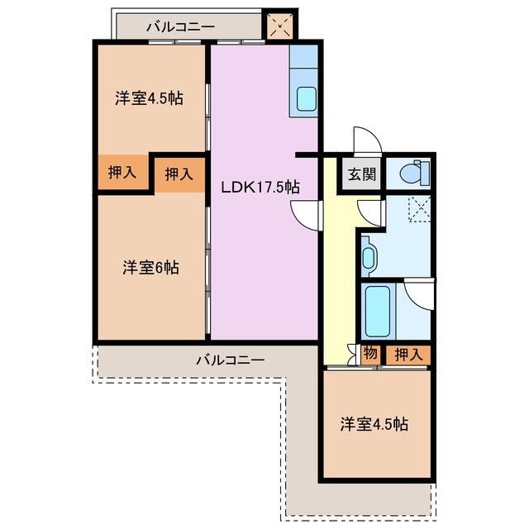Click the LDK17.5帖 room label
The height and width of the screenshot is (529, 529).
pos(260,186)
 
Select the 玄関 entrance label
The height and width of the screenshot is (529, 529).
pos(361,174)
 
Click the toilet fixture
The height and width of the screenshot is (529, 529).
pos(411,174)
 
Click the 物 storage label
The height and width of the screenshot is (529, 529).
pos(370,354)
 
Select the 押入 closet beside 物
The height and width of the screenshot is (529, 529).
pos(407,355)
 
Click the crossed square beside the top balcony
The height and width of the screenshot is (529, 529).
pos(279,26)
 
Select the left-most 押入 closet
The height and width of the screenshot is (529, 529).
pos(122,173)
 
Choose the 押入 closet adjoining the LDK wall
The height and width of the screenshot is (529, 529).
pos(179,174)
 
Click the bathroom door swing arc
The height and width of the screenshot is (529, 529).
pos(420,293)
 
